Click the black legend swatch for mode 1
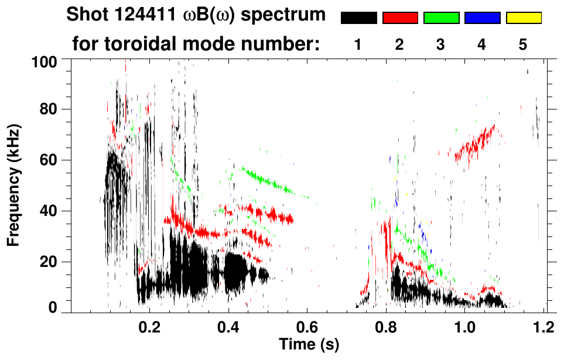[358, 18]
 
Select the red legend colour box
[400, 18]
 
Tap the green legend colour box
[441, 18]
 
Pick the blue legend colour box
[482, 18]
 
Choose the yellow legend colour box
[523, 18]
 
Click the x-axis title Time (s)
[309, 344]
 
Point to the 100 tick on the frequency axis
[49, 61]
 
